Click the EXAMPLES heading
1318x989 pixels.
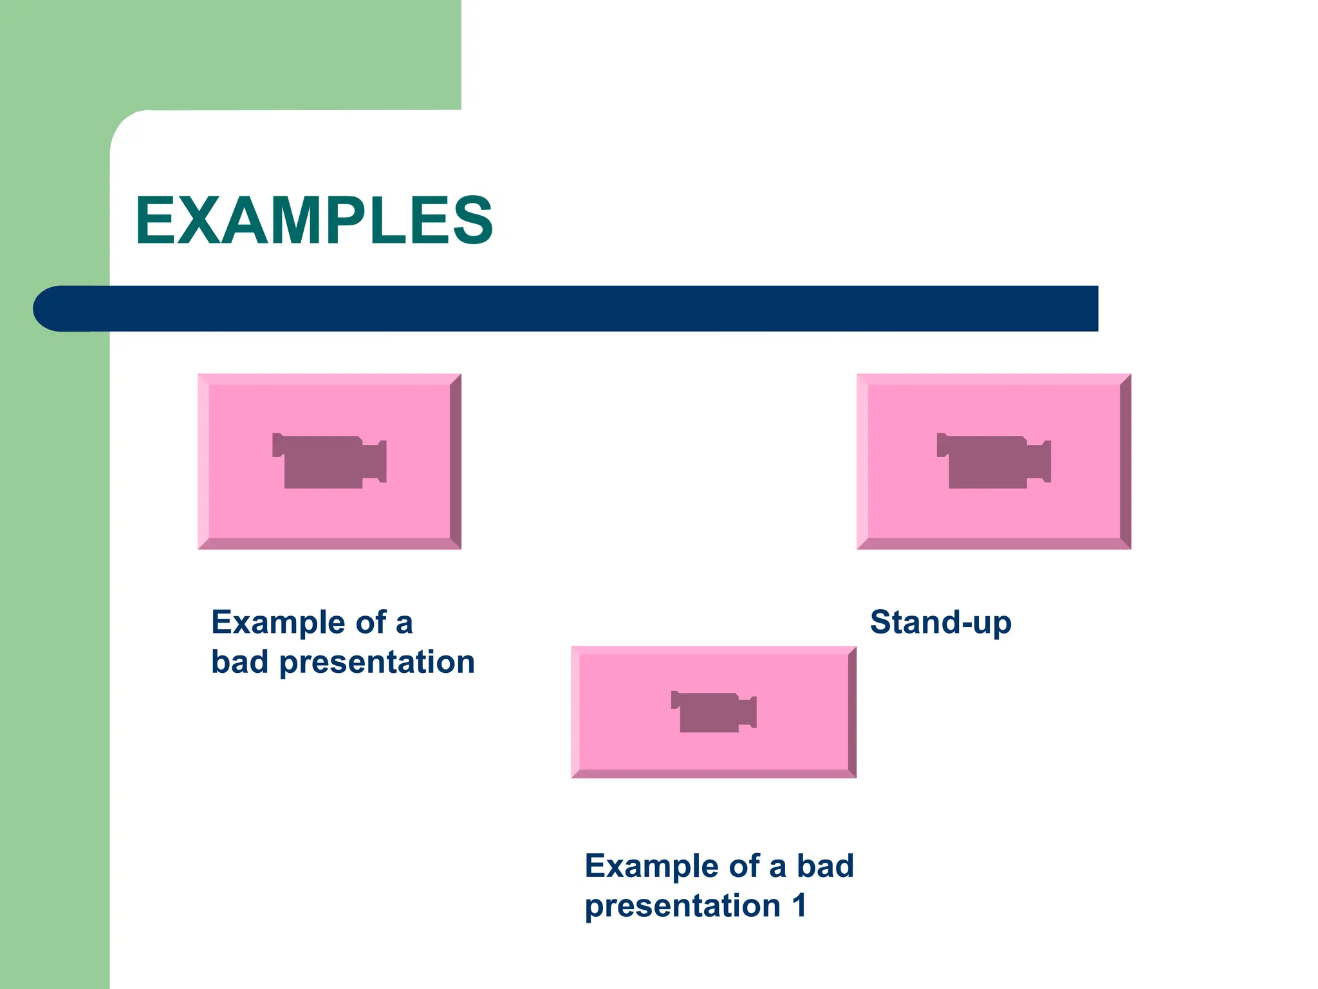click(x=313, y=221)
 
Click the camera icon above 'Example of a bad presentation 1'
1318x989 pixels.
click(x=713, y=711)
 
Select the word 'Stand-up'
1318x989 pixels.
click(x=940, y=623)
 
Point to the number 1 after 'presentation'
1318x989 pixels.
click(x=799, y=906)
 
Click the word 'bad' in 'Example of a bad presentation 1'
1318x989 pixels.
click(x=825, y=866)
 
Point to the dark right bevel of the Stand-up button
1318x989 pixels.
click(x=1126, y=461)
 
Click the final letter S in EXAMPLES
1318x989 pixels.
click(x=472, y=221)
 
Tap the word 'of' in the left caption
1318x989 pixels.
click(x=371, y=623)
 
